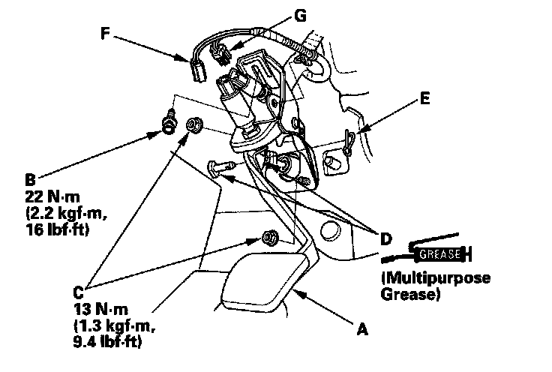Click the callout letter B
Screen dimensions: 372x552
[x=30, y=180]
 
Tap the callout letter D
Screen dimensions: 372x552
[x=385, y=239]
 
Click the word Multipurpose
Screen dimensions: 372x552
[x=436, y=278]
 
